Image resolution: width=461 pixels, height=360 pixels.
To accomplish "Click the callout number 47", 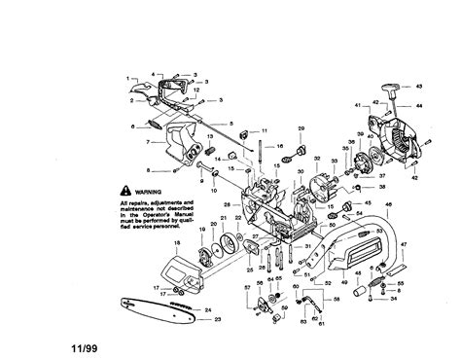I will pos(431,245).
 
